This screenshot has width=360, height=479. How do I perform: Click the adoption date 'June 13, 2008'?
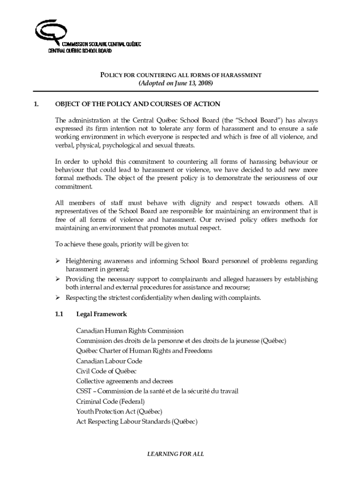pyautogui.click(x=193, y=83)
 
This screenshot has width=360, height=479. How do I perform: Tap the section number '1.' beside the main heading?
pyautogui.click(x=37, y=104)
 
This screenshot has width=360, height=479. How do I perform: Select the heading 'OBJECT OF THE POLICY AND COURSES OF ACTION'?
pyautogui.click(x=137, y=104)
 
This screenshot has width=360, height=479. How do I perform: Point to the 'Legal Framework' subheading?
pyautogui.click(x=101, y=314)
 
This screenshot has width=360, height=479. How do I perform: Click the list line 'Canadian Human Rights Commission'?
pyautogui.click(x=130, y=331)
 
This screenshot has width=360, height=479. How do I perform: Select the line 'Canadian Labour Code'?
pyautogui.click(x=109, y=361)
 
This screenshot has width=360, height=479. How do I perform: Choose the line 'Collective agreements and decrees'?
pyautogui.click(x=124, y=381)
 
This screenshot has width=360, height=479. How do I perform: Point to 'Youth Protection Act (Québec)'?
pyautogui.click(x=119, y=411)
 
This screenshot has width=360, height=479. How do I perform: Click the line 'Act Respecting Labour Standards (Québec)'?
pyautogui.click(x=137, y=421)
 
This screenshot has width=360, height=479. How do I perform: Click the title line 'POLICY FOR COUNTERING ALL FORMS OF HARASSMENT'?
pyautogui.click(x=181, y=75)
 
